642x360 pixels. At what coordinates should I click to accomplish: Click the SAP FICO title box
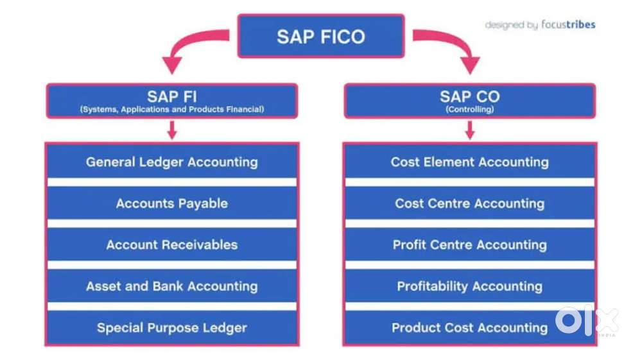point(321,36)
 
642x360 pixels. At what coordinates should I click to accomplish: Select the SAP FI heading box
point(171,101)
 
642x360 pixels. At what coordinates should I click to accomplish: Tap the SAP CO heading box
point(469,101)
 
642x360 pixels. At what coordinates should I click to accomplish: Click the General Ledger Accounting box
point(171,162)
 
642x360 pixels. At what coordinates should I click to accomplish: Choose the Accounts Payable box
point(171,203)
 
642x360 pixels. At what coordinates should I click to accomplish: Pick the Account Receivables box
point(171,244)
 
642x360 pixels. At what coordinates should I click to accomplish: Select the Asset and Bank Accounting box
point(171,286)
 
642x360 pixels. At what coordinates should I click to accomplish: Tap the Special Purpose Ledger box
point(171,328)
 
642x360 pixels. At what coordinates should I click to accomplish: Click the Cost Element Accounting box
point(469,162)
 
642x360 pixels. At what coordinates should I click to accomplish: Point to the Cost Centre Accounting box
point(469,203)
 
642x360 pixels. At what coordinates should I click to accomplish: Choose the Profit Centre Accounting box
point(469,244)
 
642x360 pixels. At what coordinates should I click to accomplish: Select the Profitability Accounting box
point(469,286)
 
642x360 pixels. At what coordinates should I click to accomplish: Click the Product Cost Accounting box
point(469,328)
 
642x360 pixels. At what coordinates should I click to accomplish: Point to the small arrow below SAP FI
point(171,130)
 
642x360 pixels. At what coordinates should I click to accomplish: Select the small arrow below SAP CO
point(469,130)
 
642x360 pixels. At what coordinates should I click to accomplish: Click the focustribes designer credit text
point(540,25)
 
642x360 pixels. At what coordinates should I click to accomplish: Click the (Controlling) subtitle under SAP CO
point(469,110)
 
